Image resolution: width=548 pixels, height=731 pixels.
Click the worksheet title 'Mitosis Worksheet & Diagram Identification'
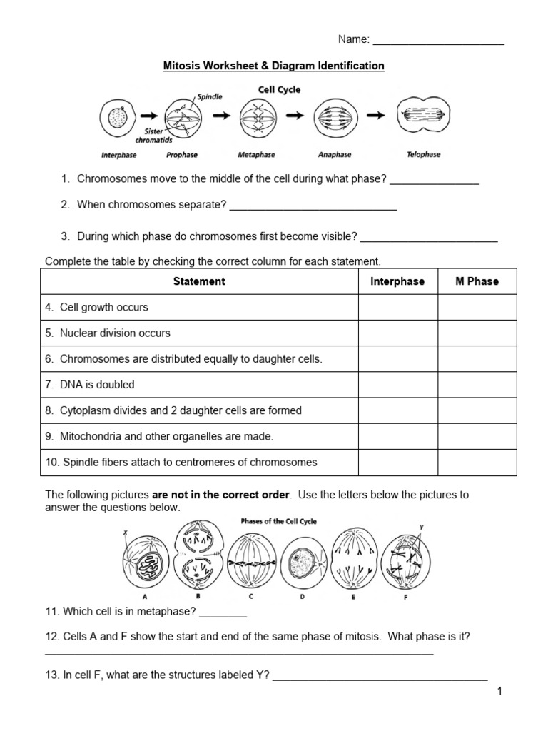(x=274, y=66)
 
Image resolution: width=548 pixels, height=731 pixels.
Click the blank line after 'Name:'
(x=438, y=41)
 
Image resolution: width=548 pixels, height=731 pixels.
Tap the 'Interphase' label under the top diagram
(x=118, y=154)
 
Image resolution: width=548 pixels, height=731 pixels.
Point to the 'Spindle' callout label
(x=209, y=95)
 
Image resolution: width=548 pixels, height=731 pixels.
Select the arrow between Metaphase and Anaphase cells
(x=293, y=114)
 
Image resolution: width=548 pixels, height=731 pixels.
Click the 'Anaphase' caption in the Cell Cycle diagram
(x=335, y=154)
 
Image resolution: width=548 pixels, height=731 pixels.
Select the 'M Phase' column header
(x=477, y=281)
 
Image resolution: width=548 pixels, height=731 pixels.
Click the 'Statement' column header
(x=199, y=281)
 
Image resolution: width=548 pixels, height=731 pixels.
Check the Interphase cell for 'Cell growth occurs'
(x=397, y=308)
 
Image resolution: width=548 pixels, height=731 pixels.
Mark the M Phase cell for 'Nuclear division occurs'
(x=477, y=333)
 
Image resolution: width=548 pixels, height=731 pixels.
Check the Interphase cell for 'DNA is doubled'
(x=397, y=385)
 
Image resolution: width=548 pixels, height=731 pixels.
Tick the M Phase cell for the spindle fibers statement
(x=477, y=462)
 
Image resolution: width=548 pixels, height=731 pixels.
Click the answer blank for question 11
(x=223, y=612)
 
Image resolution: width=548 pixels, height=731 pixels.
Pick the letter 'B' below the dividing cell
(x=197, y=595)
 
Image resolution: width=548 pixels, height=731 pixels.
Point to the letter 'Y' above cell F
(x=421, y=527)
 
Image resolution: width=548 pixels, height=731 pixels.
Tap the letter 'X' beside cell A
(x=126, y=532)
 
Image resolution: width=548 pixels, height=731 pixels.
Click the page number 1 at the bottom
(x=500, y=691)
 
